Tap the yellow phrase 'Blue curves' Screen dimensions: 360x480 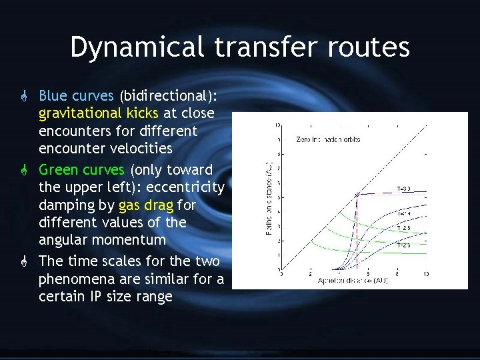(x=76, y=96)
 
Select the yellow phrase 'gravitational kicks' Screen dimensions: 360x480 (x=99, y=113)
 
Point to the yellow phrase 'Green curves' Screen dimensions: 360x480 (x=81, y=169)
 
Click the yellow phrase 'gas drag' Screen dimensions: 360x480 (x=145, y=205)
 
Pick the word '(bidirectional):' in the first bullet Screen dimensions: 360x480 (x=164, y=96)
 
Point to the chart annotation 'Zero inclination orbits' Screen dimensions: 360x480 (x=326, y=139)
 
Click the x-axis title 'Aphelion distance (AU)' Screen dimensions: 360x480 (x=353, y=281)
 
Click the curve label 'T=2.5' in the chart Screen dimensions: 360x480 (x=403, y=245)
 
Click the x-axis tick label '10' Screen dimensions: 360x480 (x=425, y=274)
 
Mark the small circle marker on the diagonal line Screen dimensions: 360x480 (x=358, y=194)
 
